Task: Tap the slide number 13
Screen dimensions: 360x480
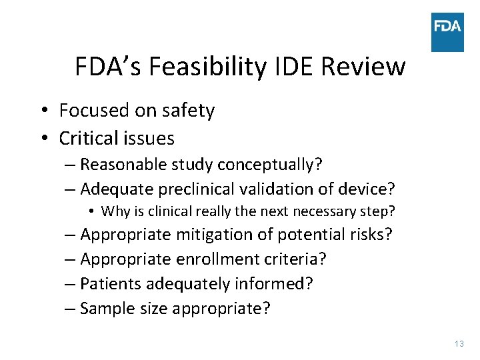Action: [x=458, y=343]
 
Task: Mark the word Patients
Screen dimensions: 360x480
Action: [x=110, y=283]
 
